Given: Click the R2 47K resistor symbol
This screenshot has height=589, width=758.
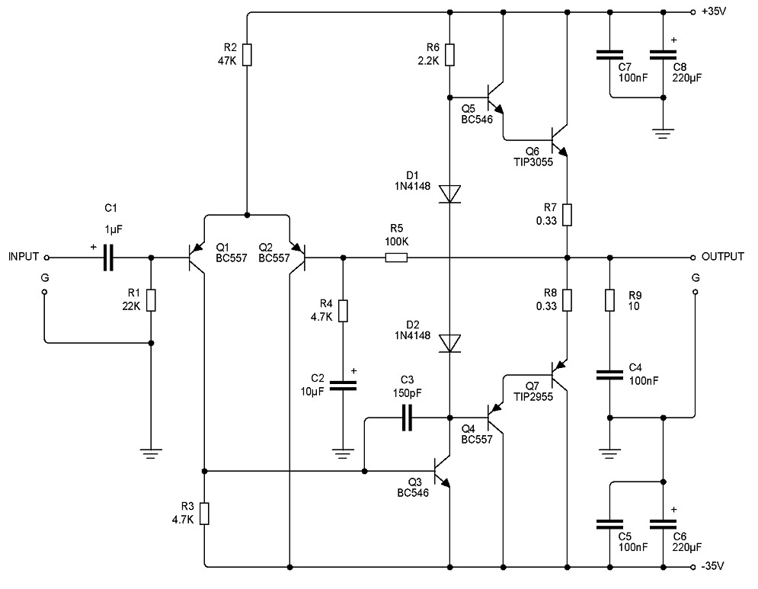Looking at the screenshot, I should (247, 56).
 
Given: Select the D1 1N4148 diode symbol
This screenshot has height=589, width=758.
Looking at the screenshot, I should (450, 194).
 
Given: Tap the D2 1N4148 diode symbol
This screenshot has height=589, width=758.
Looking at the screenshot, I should (450, 343).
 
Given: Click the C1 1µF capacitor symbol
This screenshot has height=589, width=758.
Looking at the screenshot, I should (108, 258).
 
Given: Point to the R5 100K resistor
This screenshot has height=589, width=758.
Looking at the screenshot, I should (396, 258).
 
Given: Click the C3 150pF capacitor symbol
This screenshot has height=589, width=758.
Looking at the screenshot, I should (408, 418).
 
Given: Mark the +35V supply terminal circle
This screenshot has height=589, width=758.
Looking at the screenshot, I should (692, 12).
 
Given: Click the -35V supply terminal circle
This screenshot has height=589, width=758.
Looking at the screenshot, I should (692, 567).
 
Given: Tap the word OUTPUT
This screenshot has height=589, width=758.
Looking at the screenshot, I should (723, 257).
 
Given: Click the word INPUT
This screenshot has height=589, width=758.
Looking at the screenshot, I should (24, 257).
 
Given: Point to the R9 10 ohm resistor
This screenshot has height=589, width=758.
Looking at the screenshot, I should (609, 300).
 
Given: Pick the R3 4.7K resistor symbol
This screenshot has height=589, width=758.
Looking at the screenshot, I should (205, 514).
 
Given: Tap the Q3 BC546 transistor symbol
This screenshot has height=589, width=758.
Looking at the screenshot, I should (442, 471).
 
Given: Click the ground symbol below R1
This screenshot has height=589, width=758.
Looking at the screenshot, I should (151, 453).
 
